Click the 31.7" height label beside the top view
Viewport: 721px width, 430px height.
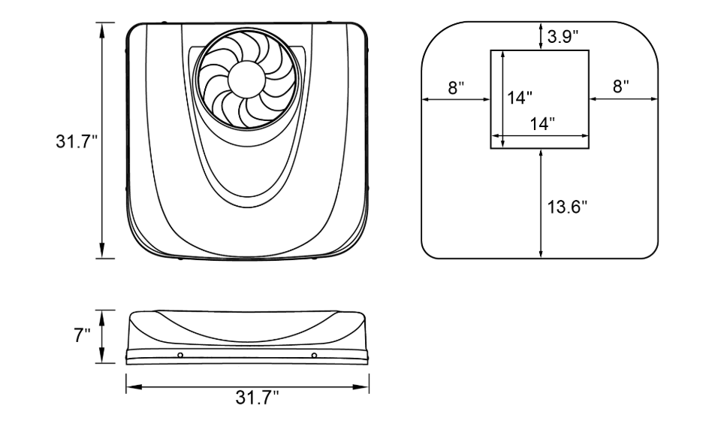[x=77, y=141]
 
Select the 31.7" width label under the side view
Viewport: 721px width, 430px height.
[x=257, y=398]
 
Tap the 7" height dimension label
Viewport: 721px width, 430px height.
[x=83, y=335]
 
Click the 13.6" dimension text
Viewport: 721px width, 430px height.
[x=568, y=207]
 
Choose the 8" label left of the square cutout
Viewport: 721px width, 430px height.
[x=456, y=87]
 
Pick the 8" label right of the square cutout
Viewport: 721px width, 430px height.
[x=621, y=86]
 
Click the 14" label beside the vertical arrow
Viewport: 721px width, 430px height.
[x=520, y=97]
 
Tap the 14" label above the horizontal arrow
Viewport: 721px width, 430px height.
[x=542, y=123]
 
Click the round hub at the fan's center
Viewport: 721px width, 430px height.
[x=247, y=79]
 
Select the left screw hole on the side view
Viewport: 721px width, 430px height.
[x=180, y=355]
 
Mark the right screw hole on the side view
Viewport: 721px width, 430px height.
[x=314, y=355]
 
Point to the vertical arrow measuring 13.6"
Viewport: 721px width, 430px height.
[x=542, y=204]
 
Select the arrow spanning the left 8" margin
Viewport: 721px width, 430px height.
[x=456, y=98]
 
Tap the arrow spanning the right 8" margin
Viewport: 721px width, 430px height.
[x=623, y=98]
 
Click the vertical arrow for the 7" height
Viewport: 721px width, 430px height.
[x=102, y=337]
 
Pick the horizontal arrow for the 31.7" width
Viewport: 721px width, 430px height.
[x=247, y=386]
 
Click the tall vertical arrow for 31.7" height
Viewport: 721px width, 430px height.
[x=102, y=141]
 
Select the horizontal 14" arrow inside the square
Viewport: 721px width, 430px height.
[x=540, y=136]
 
